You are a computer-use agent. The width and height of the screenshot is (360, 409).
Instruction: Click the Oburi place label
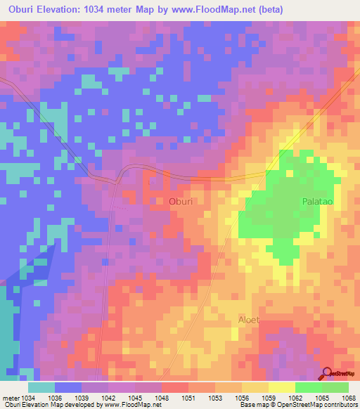click(181, 201)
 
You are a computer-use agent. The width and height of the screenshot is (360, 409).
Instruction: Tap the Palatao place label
click(316, 201)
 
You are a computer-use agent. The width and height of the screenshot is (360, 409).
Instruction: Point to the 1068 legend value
click(349, 396)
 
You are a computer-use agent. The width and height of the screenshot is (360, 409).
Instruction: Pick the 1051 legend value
click(188, 396)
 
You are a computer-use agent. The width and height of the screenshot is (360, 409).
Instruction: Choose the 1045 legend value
click(134, 396)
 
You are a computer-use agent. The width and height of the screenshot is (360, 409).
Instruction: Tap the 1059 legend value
click(269, 396)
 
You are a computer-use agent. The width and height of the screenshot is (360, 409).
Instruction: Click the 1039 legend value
click(81, 396)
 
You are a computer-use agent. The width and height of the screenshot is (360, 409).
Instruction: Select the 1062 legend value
click(296, 396)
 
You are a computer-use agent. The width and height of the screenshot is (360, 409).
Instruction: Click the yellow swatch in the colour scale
click(282, 387)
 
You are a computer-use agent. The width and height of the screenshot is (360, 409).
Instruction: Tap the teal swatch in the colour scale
click(41, 387)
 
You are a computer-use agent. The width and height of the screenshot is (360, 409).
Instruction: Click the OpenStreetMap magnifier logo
click(327, 375)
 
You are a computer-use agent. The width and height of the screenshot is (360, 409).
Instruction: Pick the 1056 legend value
click(243, 396)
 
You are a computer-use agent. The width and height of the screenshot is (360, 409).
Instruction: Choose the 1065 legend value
click(323, 396)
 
